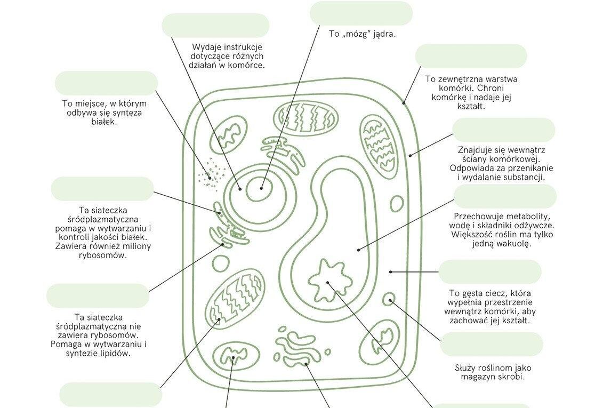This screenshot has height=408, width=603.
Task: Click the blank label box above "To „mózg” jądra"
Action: pyautogui.click(x=361, y=13)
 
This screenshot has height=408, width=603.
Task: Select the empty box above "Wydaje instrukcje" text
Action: pyautogui.click(x=215, y=26)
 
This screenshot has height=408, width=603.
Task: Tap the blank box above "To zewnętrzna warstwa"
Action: pyautogui.click(x=470, y=56)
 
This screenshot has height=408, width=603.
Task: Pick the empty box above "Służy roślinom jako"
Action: pyautogui.click(x=491, y=344)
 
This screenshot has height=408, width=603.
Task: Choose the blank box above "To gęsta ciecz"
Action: pyautogui.click(x=489, y=272)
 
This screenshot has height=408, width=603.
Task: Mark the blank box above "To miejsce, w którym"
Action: pyautogui.click(x=106, y=83)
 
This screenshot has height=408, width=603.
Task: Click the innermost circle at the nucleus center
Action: pyautogui.click(x=261, y=188)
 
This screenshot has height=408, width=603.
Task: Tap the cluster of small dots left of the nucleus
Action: pyautogui.click(x=211, y=174)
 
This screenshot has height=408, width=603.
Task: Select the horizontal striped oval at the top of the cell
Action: pyautogui.click(x=305, y=117)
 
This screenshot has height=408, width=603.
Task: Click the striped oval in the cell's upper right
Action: pyautogui.click(x=379, y=146)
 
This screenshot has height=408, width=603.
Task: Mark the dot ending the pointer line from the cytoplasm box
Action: pyautogui.click(x=391, y=272)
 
